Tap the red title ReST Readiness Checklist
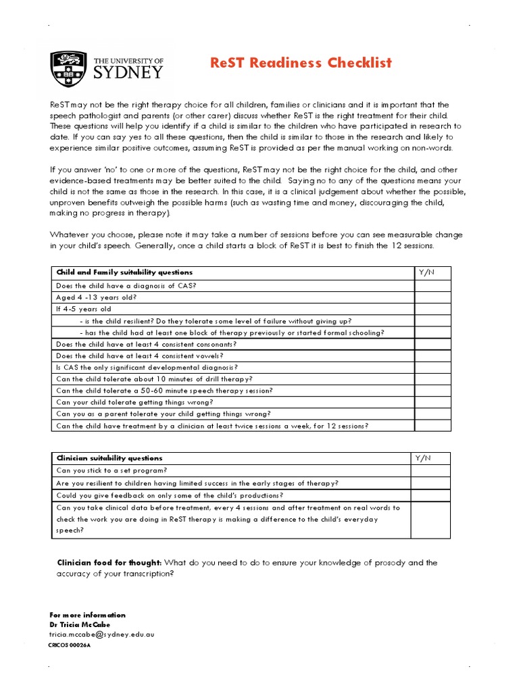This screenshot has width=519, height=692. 301,63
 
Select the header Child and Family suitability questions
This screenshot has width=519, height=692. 124,272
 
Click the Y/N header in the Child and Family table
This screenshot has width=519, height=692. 426,272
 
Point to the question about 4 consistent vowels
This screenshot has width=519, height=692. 139,355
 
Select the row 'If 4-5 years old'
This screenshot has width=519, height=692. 84,309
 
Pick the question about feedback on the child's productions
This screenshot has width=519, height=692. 169,495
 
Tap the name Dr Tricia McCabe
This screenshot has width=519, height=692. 80,624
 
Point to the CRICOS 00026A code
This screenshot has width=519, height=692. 70,645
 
